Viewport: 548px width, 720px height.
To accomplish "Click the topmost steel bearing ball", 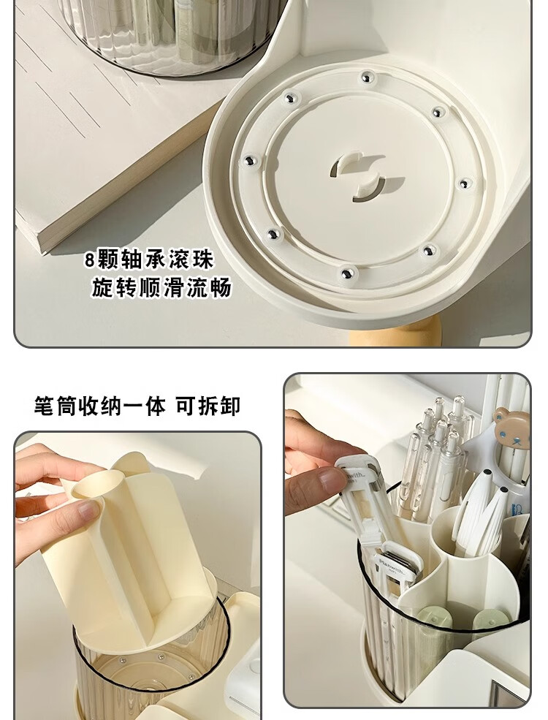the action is pos(365,77).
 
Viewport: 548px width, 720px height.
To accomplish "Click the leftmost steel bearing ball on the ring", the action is pos(250,161).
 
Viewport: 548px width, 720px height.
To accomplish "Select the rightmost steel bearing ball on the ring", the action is pos(465,183).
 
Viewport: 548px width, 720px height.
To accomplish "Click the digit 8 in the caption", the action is pos(89,260).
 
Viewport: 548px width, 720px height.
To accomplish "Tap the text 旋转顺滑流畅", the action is pos(161,288).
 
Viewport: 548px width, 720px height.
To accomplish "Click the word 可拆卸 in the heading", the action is pos(208,406).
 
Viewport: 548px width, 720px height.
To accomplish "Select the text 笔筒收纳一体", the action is pos(99,406).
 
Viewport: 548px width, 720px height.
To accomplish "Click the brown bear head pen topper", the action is pos(511,426).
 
